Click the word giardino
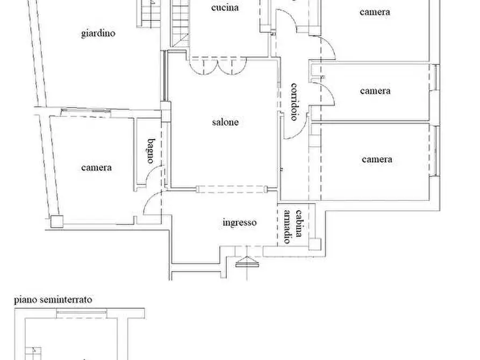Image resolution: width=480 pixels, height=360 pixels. [98, 33]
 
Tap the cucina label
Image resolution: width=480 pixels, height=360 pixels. [225, 8]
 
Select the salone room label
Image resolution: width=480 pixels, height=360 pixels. [225, 122]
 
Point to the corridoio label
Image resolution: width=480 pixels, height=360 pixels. [294, 102]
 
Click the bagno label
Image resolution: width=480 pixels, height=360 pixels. [151, 151]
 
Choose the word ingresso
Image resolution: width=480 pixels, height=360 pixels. [240, 222]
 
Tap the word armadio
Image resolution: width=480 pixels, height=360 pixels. [288, 226]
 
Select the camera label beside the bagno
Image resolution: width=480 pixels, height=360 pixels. [96, 168]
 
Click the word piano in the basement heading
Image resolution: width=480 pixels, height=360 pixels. [25, 299]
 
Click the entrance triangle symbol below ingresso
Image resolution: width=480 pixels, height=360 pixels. [248, 262]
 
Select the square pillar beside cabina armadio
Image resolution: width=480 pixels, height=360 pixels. [314, 244]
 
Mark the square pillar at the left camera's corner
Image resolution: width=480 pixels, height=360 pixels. [57, 221]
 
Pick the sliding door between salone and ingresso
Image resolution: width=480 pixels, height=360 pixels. [232, 190]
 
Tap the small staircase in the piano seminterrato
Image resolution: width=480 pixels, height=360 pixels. [33, 354]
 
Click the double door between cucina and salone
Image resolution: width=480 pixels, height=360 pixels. [218, 66]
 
